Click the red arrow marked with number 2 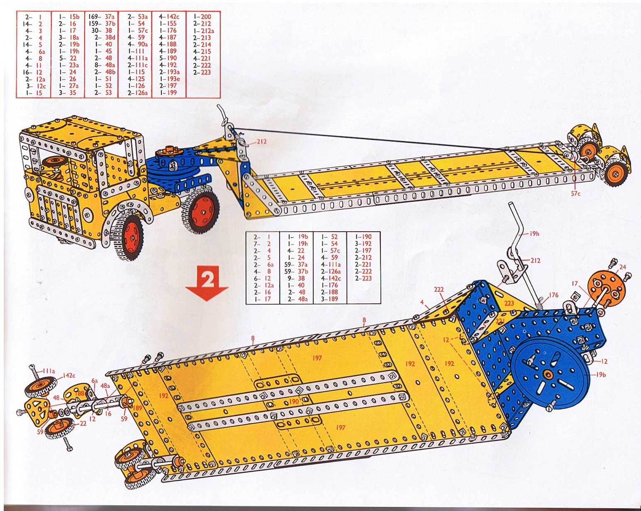coord(207,283)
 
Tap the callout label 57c coord(575,194)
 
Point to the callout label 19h coord(534,234)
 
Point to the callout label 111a coord(48,371)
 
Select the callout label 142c coord(69,375)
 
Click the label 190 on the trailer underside coord(294,402)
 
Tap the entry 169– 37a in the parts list coord(102,17)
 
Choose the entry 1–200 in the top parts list coord(202,17)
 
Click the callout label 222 coord(439,290)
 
